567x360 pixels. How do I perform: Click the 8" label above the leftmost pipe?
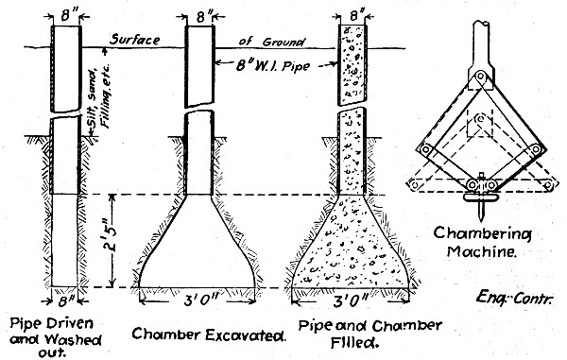click(65, 12)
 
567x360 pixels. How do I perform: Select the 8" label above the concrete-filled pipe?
click(353, 12)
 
